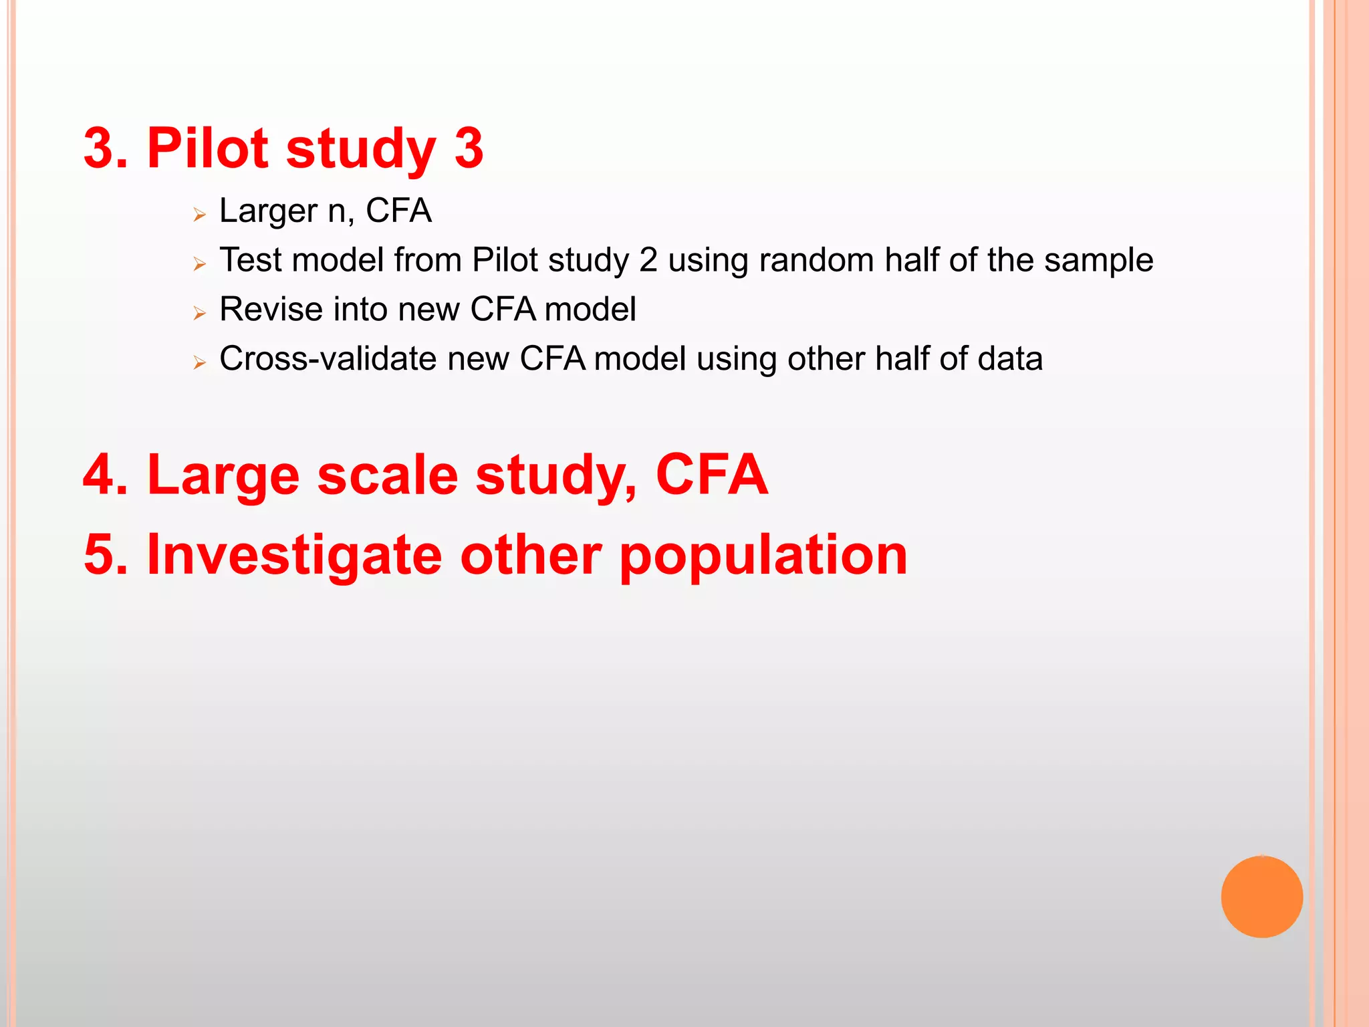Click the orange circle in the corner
coord(1261,897)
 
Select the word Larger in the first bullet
coord(268,212)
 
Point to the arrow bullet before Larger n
coord(199,215)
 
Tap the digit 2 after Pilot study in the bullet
coord(648,260)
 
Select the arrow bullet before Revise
coord(199,313)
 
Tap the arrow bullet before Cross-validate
coord(199,363)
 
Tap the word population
coord(763,557)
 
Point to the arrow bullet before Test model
coord(199,264)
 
